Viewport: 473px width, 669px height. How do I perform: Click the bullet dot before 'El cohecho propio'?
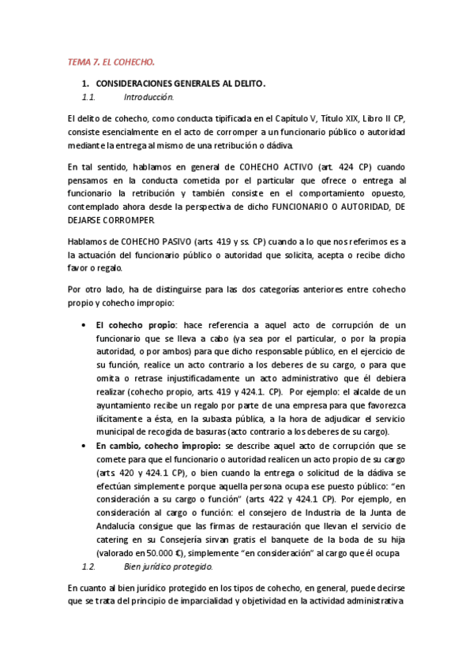click(84, 324)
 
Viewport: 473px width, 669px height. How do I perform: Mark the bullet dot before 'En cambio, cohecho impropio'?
click(84, 445)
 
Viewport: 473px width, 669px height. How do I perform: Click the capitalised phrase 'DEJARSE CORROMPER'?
click(108, 219)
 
